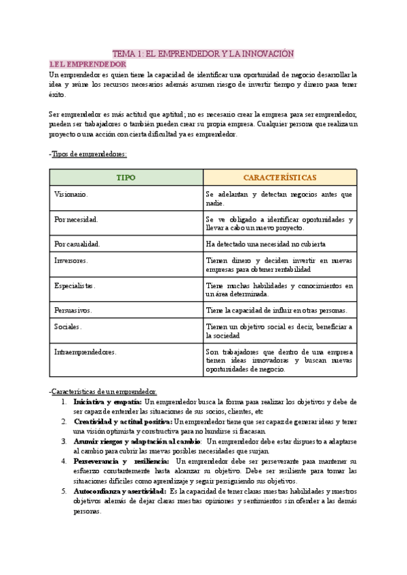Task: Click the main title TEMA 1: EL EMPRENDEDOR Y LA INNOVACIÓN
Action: click(x=203, y=53)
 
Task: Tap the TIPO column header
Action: click(x=126, y=177)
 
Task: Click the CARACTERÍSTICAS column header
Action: click(x=279, y=177)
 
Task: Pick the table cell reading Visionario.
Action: click(x=71, y=194)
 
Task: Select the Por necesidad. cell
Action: click(x=76, y=219)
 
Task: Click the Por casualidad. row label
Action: click(x=77, y=243)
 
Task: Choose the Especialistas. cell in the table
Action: click(x=75, y=285)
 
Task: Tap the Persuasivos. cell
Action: click(x=73, y=310)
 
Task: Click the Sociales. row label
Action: click(x=68, y=326)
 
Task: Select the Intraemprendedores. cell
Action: click(x=85, y=352)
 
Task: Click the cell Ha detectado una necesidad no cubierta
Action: click(x=266, y=243)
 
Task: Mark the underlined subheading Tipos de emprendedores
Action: click(x=90, y=154)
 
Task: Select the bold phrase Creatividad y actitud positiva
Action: click(x=123, y=421)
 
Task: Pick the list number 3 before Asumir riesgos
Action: click(x=64, y=441)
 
